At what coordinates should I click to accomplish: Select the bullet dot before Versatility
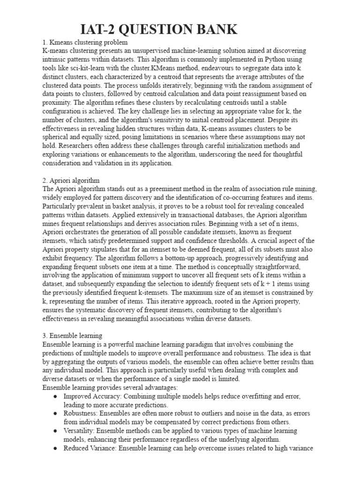55,431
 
